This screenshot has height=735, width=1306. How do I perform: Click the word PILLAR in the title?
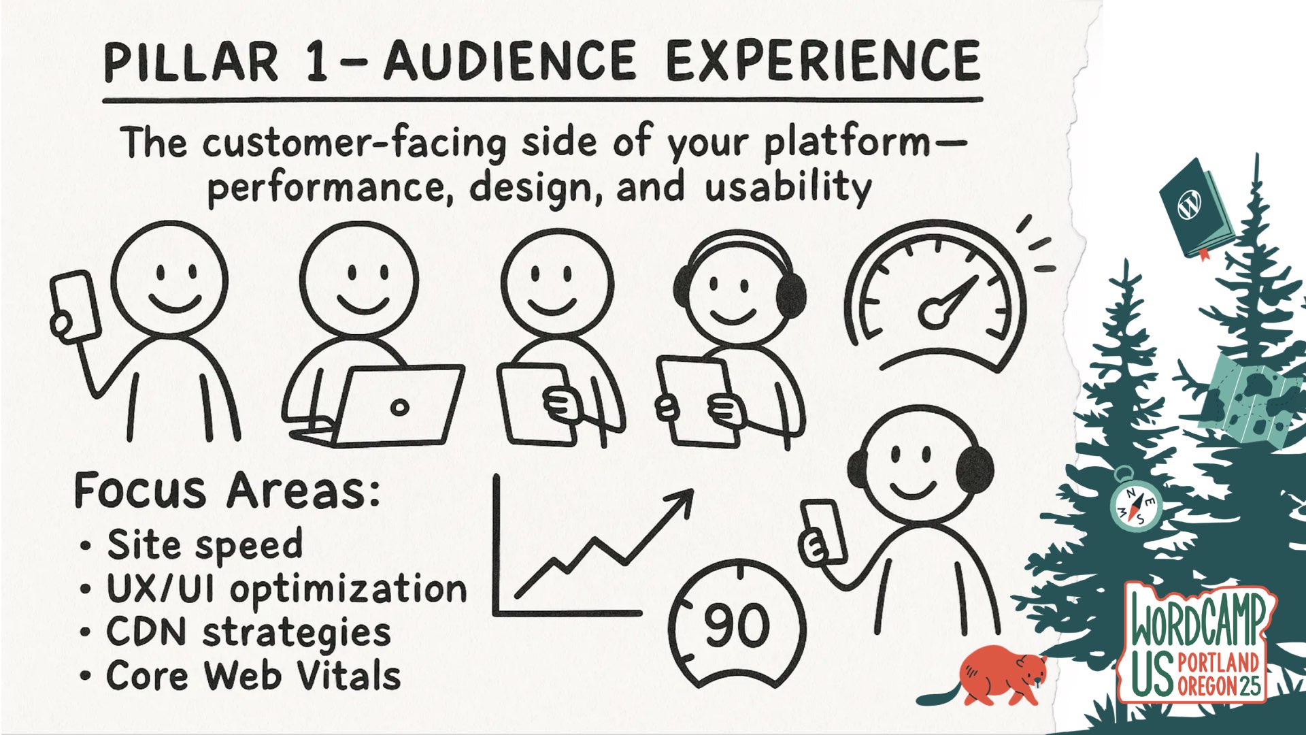point(191,63)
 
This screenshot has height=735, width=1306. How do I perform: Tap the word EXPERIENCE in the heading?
point(823,61)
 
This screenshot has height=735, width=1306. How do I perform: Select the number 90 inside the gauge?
point(737,625)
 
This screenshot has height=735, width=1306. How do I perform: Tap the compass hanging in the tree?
point(1135,504)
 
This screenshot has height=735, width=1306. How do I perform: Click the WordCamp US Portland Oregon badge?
point(1197,643)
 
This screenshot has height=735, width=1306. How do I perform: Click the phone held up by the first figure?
point(76,305)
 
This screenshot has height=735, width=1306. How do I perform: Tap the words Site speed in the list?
point(205,545)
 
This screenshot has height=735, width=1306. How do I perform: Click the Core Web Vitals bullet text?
point(254,676)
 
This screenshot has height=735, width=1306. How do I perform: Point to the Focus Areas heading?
point(227,490)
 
